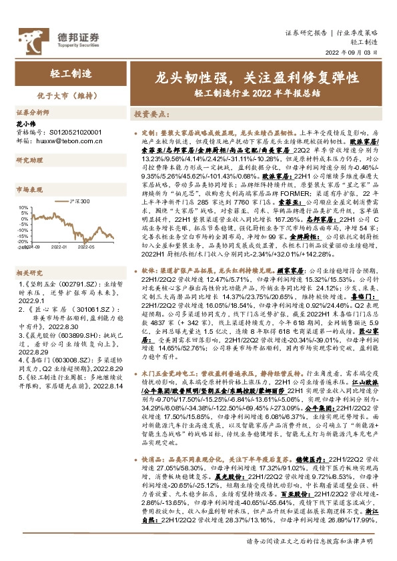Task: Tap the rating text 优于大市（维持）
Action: (x=54, y=94)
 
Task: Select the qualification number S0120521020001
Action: (x=67, y=133)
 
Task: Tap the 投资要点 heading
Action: (x=150, y=114)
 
